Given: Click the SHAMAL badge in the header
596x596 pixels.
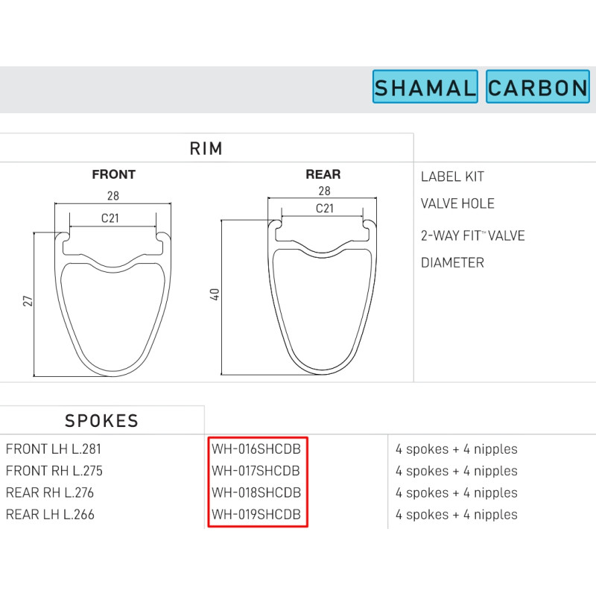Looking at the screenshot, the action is coord(425,86).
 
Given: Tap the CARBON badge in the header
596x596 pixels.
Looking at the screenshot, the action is coord(538,86).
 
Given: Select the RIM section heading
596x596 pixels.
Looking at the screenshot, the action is coord(206,148).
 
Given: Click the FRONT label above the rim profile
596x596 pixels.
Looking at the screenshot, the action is coord(114,174).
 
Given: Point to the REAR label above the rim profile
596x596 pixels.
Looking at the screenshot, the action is coord(323,174).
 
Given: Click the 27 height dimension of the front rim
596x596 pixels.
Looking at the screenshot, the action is coord(28,301).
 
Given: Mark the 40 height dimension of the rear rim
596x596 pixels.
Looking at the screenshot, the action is coord(215,294).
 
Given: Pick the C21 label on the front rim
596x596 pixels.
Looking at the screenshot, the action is coord(110,218).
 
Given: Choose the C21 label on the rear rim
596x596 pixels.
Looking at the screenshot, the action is coord(324,209).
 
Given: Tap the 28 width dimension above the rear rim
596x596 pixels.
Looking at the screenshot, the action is coord(324,191).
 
